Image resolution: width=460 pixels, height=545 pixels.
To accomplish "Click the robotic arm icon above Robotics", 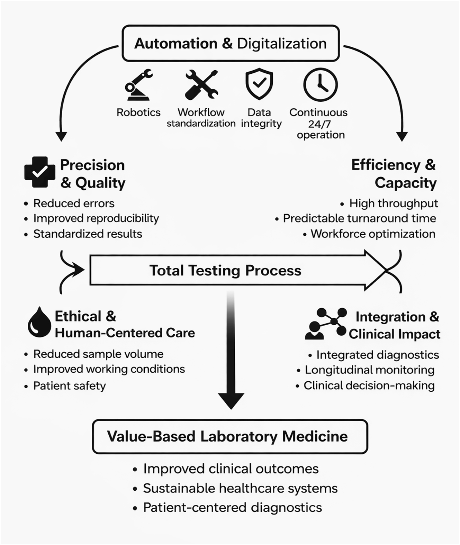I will tap(138, 85).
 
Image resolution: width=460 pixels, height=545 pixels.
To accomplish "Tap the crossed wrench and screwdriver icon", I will tap(201, 85).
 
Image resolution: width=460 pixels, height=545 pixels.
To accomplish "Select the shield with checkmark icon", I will tap(259, 84).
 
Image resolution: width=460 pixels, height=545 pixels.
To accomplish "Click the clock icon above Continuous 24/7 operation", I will tap(320, 85).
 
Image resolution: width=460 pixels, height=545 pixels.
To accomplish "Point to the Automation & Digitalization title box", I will tap(231, 44).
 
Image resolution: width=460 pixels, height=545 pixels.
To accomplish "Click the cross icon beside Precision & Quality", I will tap(40, 172).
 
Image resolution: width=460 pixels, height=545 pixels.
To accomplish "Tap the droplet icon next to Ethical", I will tap(39, 323).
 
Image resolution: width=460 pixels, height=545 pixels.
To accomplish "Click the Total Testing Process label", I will tap(225, 271).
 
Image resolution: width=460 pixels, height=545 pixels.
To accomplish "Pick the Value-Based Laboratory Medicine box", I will tap(230, 437).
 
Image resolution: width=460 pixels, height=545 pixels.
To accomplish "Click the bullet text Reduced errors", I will tap(74, 203).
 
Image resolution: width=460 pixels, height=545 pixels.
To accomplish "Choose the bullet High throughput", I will tap(393, 203).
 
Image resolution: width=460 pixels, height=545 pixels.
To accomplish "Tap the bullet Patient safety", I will tap(69, 386).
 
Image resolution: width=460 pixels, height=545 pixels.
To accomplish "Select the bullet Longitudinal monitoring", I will tap(369, 370).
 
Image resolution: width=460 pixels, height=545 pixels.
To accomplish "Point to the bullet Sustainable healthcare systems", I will tap(240, 488).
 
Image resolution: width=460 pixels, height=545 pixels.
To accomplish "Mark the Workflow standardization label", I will tap(201, 118).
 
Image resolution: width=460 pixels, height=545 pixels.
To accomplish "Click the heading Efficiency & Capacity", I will tap(394, 174).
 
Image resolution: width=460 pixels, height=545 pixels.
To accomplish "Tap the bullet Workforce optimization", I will tap(373, 234).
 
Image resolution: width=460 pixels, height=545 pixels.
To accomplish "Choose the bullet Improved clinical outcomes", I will tap(231, 469).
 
